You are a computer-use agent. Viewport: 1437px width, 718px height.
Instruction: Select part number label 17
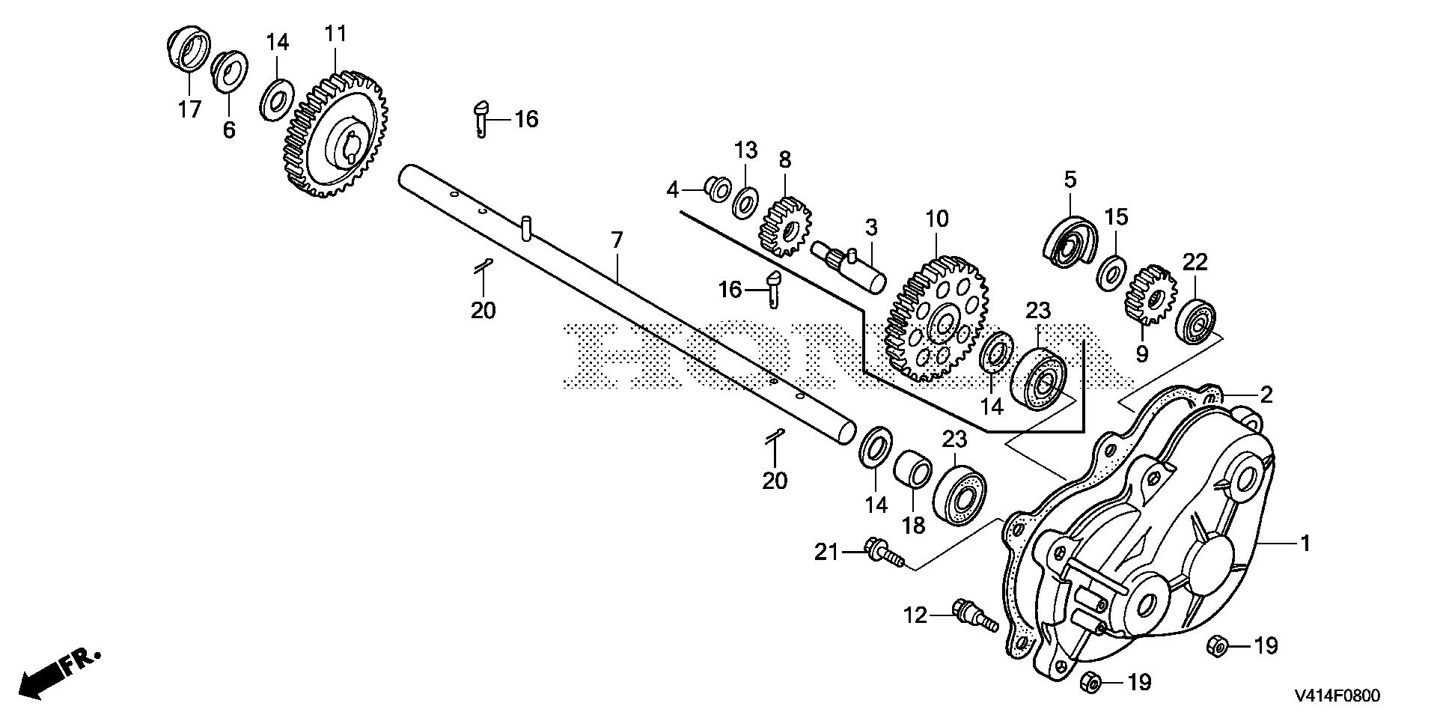[x=189, y=109]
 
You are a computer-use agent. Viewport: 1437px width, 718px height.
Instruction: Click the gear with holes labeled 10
[x=936, y=318]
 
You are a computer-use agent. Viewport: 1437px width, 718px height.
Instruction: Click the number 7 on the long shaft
[x=616, y=240]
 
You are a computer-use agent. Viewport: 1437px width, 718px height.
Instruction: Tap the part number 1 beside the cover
[x=1305, y=543]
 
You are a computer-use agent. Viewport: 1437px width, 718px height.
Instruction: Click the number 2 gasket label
[x=1266, y=395]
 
